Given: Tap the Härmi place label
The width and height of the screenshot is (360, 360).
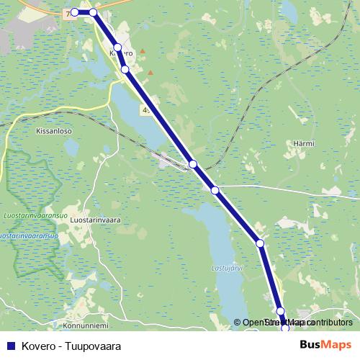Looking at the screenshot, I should [304, 144].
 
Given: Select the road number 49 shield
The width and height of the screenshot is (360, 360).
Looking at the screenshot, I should [147, 110].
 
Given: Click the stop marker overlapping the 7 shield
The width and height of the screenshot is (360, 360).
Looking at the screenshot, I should [75, 12].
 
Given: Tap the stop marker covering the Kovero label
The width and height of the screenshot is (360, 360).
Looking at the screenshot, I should [117, 48].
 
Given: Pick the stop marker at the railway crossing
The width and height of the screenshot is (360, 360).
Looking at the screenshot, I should [192, 164].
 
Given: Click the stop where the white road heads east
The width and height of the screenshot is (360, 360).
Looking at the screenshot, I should [215, 190].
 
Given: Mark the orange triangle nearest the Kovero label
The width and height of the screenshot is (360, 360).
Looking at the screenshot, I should [143, 51].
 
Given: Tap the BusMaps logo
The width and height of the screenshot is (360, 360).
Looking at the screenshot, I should [325, 344].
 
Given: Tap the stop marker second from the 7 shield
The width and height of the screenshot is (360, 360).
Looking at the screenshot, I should [93, 12].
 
